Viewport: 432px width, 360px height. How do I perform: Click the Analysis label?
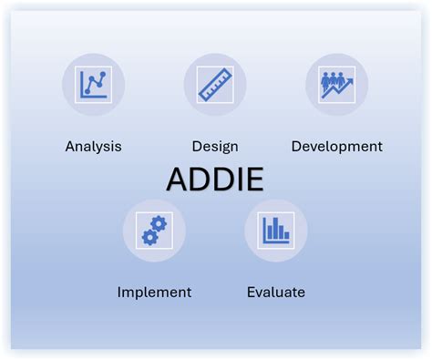[x=93, y=146]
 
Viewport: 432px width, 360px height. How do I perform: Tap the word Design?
[x=215, y=146]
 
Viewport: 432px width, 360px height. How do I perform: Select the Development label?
[x=336, y=146]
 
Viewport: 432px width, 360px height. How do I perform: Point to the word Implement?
[x=154, y=293]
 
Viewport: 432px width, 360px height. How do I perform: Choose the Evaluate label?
[x=276, y=293]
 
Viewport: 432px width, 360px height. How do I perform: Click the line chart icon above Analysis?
[x=94, y=85]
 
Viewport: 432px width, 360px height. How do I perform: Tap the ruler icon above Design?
[x=215, y=85]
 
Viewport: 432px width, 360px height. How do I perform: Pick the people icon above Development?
[x=336, y=85]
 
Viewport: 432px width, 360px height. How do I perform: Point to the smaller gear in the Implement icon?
[x=148, y=237]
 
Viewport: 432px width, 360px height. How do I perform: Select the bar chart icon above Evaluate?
[x=275, y=231]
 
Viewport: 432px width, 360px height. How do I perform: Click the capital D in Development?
[x=296, y=146]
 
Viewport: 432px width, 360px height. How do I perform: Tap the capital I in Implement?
[x=119, y=293]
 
